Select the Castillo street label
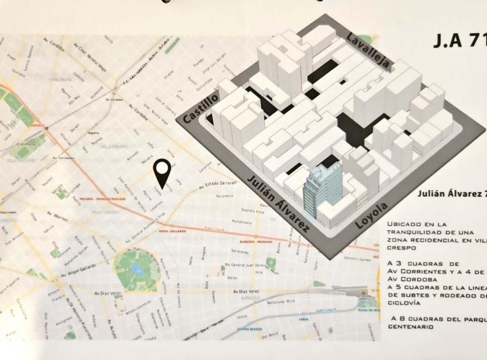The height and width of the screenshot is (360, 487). (x=201, y=108)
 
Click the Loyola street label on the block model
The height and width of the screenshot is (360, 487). (x=372, y=214)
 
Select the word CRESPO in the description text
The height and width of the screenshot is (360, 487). (x=400, y=248)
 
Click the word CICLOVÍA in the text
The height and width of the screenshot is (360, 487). (x=404, y=304)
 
